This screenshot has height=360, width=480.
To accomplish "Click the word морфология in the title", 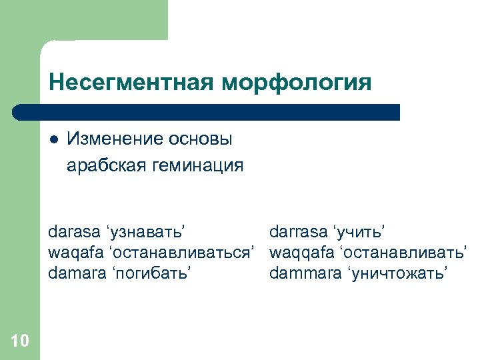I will pyautogui.click(x=297, y=82).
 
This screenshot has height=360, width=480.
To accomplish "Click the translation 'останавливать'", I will pyautogui.click(x=404, y=253).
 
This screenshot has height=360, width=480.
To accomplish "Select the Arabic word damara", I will pyautogui.click(x=75, y=273).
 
